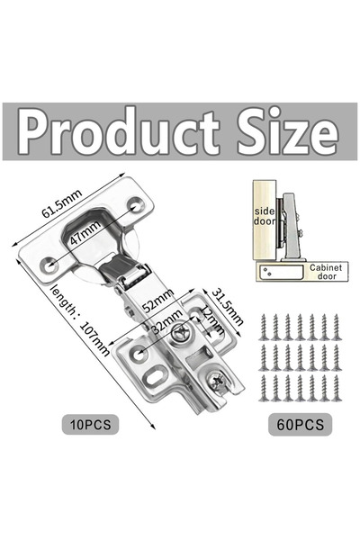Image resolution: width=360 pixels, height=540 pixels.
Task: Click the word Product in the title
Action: click(118, 132)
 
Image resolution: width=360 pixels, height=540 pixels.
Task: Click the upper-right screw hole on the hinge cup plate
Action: click(135, 207)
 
